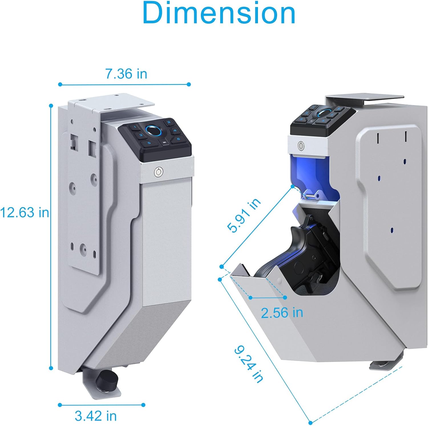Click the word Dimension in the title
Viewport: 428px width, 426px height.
[x=219, y=13]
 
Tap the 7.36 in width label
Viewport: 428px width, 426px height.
[x=126, y=74]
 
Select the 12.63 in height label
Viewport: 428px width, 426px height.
[x=25, y=213]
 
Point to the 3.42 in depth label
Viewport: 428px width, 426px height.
[x=96, y=416]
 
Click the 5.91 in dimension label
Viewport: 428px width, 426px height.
[x=244, y=215]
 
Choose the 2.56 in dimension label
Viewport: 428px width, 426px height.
[x=282, y=313]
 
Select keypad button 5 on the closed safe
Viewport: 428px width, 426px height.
[x=149, y=142]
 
